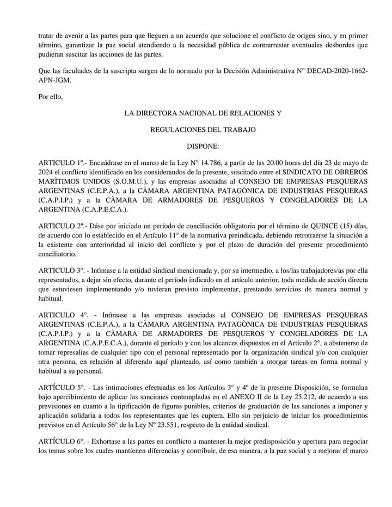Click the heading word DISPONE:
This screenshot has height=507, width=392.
click(x=203, y=146)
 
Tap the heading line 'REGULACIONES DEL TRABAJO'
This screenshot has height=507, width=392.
click(x=202, y=130)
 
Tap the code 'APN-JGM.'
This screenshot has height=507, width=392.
click(x=55, y=80)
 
